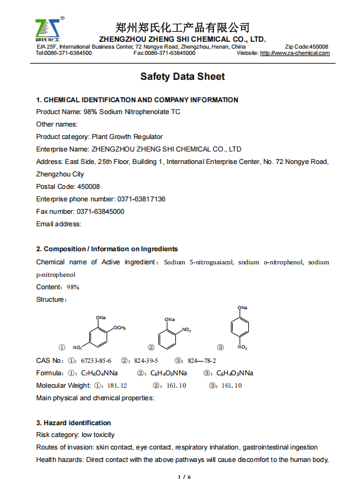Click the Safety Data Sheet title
tap(182, 77)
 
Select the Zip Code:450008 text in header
tap(306, 47)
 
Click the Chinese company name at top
tap(183, 27)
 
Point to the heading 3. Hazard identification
tap(73, 423)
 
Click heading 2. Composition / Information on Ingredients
tap(107, 249)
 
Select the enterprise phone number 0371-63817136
tap(141, 199)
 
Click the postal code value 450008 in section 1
tap(88, 186)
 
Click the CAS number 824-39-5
tap(146, 360)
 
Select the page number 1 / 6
tap(183, 478)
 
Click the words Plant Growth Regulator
tap(127, 137)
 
